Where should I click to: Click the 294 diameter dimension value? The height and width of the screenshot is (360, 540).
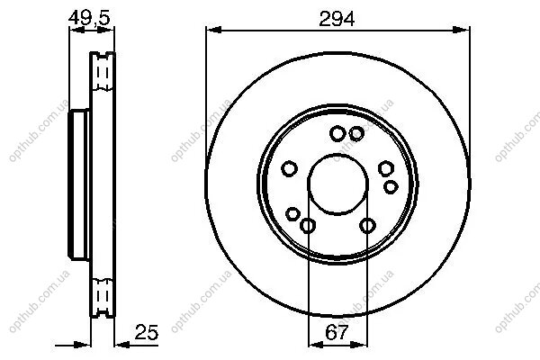(x=337, y=19)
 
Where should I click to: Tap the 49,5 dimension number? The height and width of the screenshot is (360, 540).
(x=89, y=18)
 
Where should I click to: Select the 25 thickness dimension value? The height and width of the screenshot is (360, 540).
(x=147, y=332)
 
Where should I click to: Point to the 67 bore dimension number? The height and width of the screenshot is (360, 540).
(x=337, y=332)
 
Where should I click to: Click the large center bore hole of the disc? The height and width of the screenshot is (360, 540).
(x=337, y=184)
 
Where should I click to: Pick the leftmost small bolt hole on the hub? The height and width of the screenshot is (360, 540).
(x=289, y=169)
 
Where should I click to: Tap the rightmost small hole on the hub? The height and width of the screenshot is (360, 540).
(x=391, y=187)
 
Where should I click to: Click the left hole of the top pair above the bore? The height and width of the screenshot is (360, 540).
(x=337, y=134)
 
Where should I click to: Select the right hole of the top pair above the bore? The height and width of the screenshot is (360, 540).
(x=356, y=134)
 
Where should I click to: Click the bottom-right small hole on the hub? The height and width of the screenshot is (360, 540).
(x=367, y=226)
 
